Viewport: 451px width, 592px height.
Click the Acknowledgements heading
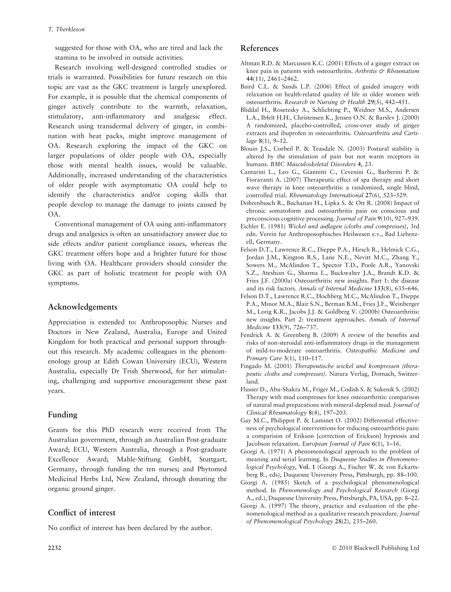pos(83,307)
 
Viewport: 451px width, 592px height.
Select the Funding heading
pos(63,415)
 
